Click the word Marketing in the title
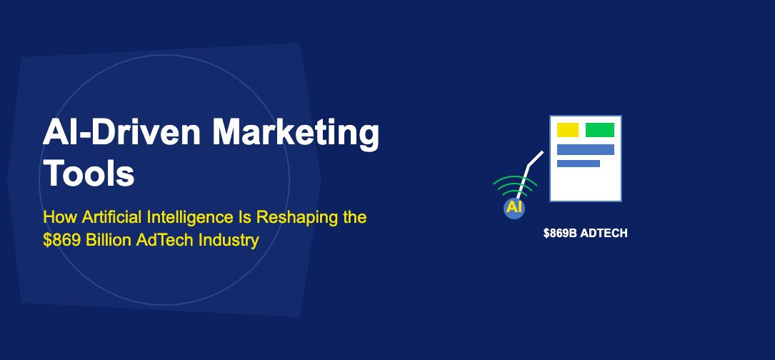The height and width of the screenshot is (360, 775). click(296, 134)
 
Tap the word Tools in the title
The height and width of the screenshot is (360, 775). click(89, 173)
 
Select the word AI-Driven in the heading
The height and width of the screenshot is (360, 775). click(121, 133)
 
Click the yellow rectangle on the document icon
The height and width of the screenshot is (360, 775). click(567, 130)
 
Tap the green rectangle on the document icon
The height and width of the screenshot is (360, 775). click(599, 130)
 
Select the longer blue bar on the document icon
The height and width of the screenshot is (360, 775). click(585, 149)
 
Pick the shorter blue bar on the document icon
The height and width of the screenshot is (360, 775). click(579, 163)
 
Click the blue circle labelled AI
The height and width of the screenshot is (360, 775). click(514, 208)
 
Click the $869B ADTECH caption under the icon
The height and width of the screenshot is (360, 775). click(585, 234)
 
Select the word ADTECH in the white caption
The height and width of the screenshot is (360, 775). click(604, 234)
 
